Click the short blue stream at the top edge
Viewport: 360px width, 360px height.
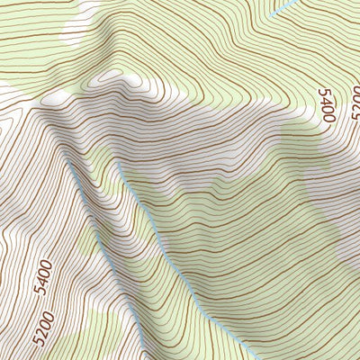click(x=283, y=8)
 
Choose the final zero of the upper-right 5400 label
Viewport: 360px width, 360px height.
click(x=328, y=116)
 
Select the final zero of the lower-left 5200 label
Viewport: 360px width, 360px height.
click(x=45, y=312)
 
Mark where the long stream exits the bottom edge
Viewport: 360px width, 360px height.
click(x=253, y=358)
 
